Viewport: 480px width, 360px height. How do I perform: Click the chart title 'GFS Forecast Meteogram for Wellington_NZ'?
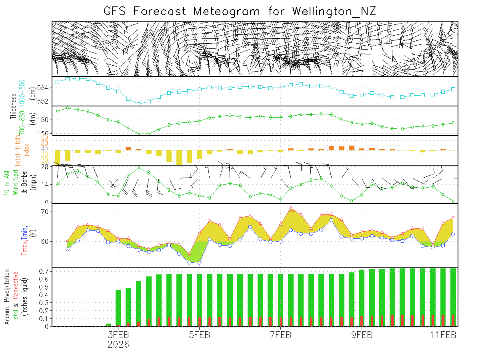(240, 11)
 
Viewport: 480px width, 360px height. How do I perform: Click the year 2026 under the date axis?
(118, 344)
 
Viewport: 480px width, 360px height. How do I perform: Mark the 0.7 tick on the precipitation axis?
(44, 271)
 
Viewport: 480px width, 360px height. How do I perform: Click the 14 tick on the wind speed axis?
(45, 184)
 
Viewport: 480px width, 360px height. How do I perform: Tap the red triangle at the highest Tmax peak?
(291, 208)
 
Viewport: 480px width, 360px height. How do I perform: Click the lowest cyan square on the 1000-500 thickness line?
(138, 104)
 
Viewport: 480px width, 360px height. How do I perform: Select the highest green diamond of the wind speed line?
(138, 168)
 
